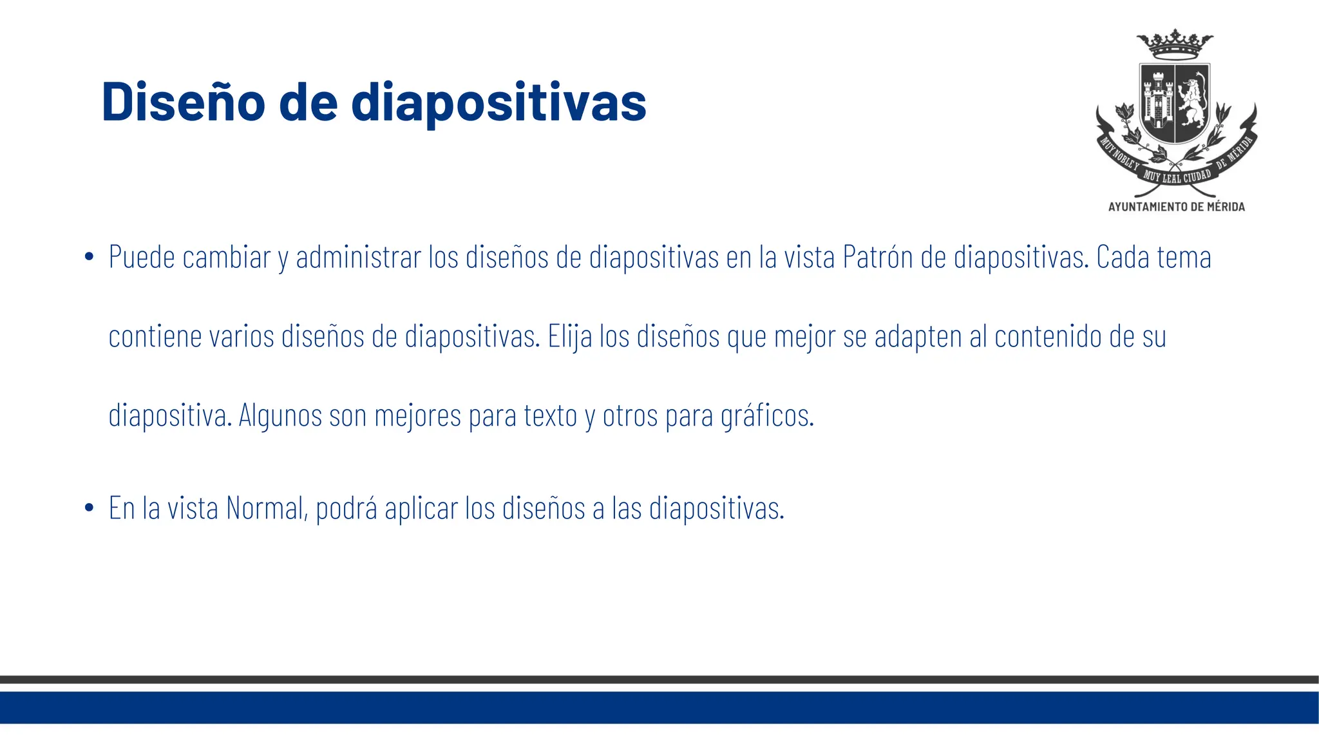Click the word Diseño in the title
coord(183,102)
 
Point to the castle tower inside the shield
coord(1157,102)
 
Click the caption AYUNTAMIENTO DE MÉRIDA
coord(1176,207)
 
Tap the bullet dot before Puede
coord(90,258)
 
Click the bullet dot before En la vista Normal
coord(90,508)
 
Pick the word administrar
coord(358,258)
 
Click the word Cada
coord(1123,258)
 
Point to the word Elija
coord(569,337)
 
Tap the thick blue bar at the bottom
coord(659,707)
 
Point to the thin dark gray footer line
coord(659,680)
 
